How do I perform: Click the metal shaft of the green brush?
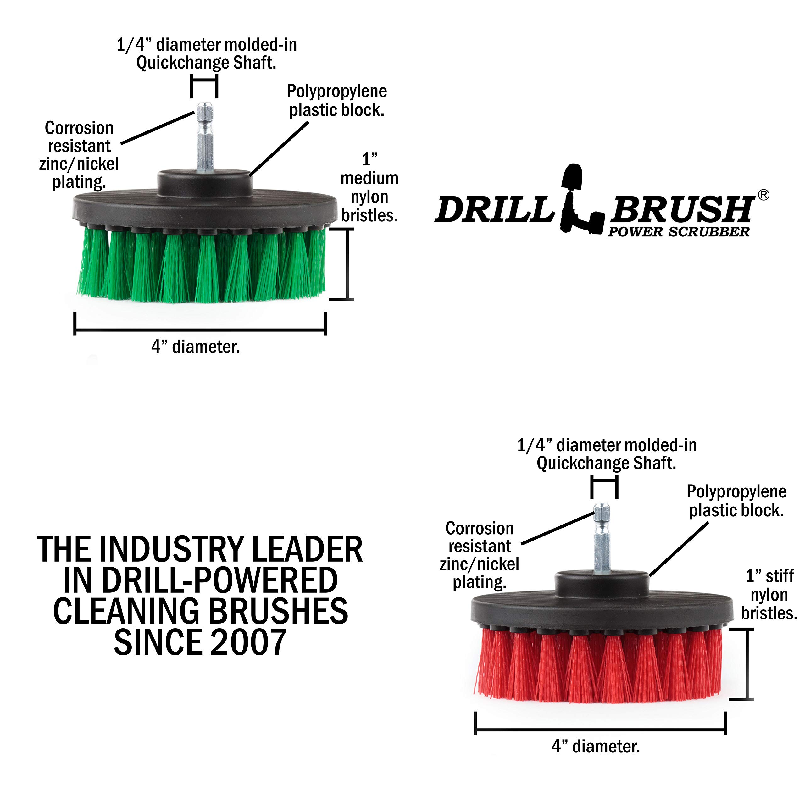coord(205,137)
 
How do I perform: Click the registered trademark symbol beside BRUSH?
coord(763,195)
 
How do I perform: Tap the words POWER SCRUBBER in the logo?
coord(678,232)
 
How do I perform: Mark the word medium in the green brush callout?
coord(369,178)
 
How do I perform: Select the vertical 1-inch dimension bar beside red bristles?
coord(747,664)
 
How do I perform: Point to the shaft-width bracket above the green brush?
coord(204,81)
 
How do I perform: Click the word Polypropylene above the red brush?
coord(736,492)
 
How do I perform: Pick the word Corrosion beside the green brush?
coord(79,128)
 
